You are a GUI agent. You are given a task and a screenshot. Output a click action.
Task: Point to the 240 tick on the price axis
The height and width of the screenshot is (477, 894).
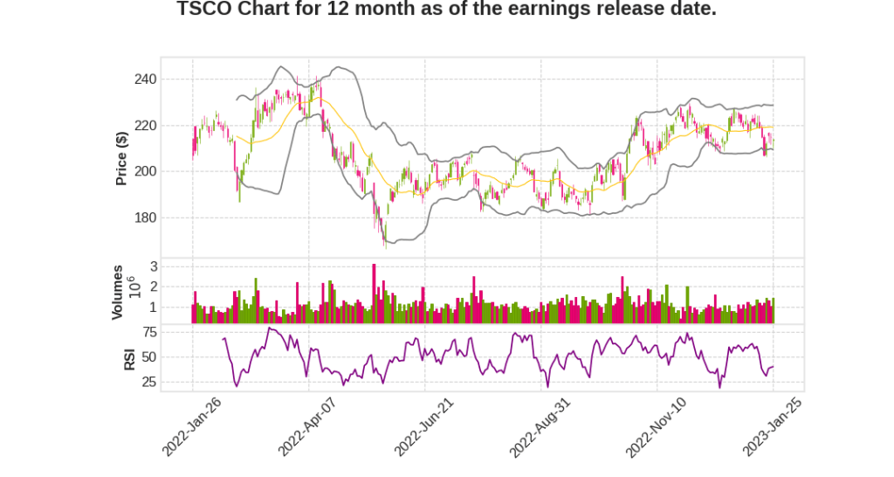145,79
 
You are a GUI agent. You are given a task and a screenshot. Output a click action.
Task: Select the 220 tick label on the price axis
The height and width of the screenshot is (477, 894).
145,126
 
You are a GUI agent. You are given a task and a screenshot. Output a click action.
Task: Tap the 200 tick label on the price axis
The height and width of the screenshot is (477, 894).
145,171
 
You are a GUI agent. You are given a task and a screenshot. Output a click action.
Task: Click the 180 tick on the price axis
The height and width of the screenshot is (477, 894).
145,218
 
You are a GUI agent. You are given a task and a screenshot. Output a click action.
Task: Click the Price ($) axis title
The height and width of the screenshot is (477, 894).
122,157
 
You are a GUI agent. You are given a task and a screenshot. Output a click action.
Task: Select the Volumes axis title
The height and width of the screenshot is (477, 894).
118,291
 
